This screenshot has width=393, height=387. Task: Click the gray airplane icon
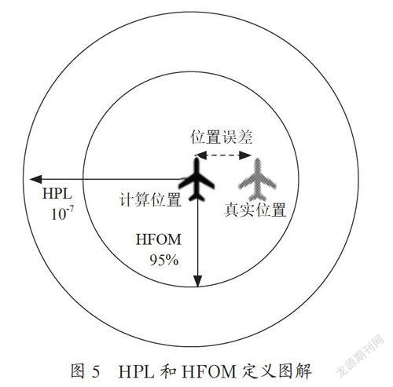pos(257,179)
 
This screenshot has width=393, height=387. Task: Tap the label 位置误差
pos(222,137)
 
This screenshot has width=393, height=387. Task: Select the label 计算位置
pos(150,199)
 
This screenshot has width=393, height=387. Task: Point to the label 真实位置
pos(255,210)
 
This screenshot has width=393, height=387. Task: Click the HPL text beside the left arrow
pos(57,194)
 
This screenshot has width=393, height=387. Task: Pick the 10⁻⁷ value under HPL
pos(62,214)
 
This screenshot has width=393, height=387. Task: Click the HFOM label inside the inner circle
pos(158,239)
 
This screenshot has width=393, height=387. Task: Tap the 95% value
pos(164,260)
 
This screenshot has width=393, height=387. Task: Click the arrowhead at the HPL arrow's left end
pos(35,179)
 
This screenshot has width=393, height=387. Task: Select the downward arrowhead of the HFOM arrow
pos(198,281)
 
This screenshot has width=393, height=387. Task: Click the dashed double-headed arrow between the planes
pos(223,155)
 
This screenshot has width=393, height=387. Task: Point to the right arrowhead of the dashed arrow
pos(245,155)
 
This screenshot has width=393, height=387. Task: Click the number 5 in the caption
pos(96,371)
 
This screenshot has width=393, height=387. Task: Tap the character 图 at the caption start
pos(78,371)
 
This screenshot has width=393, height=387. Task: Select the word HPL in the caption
pos(136,371)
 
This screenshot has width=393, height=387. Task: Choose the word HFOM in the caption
pos(209,371)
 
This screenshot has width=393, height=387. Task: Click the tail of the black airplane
pos(196,197)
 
